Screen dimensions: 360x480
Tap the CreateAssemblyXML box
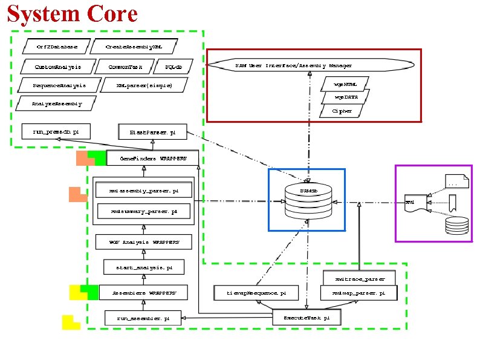tap(133, 46)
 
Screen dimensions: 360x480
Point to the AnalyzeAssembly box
tap(56, 104)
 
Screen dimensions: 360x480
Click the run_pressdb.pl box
tap(56, 131)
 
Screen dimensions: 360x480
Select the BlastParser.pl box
tap(153, 131)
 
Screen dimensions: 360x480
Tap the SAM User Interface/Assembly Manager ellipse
tap(310, 65)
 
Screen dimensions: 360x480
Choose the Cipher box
tap(342, 111)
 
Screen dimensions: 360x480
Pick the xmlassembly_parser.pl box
tap(144, 191)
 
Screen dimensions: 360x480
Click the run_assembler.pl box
tap(143, 317)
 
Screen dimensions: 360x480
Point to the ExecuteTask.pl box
tap(306, 317)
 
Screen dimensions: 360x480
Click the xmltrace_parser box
tap(358, 279)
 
